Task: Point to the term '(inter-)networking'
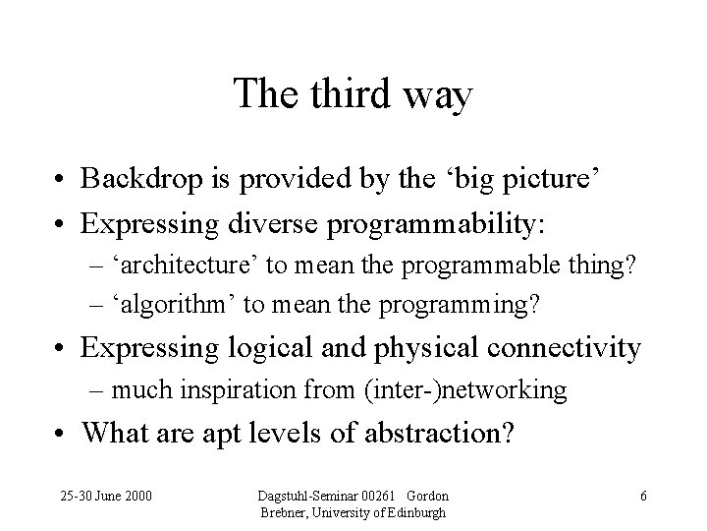pyautogui.click(x=463, y=390)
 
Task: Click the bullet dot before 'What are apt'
pyautogui.click(x=61, y=434)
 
